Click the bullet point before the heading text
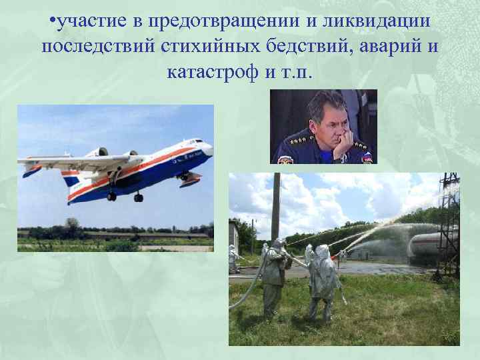point(52,22)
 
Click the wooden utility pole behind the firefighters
point(275,207)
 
